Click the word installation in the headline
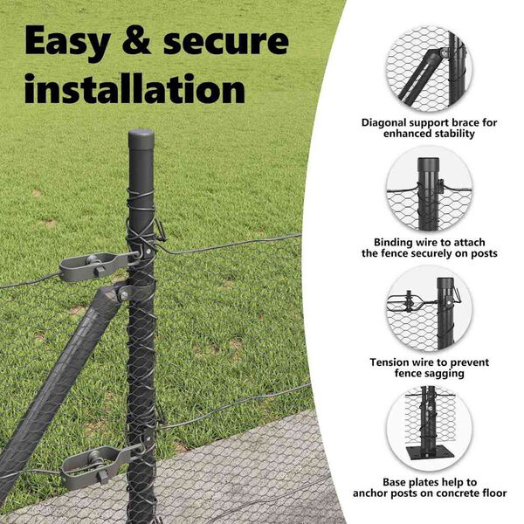[135, 88]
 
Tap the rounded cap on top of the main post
[141, 137]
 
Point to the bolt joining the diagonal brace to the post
[124, 295]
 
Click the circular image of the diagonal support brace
[429, 69]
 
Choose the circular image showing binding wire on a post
[430, 189]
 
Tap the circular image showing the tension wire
[430, 309]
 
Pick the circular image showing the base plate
[430, 429]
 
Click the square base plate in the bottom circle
[430, 453]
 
